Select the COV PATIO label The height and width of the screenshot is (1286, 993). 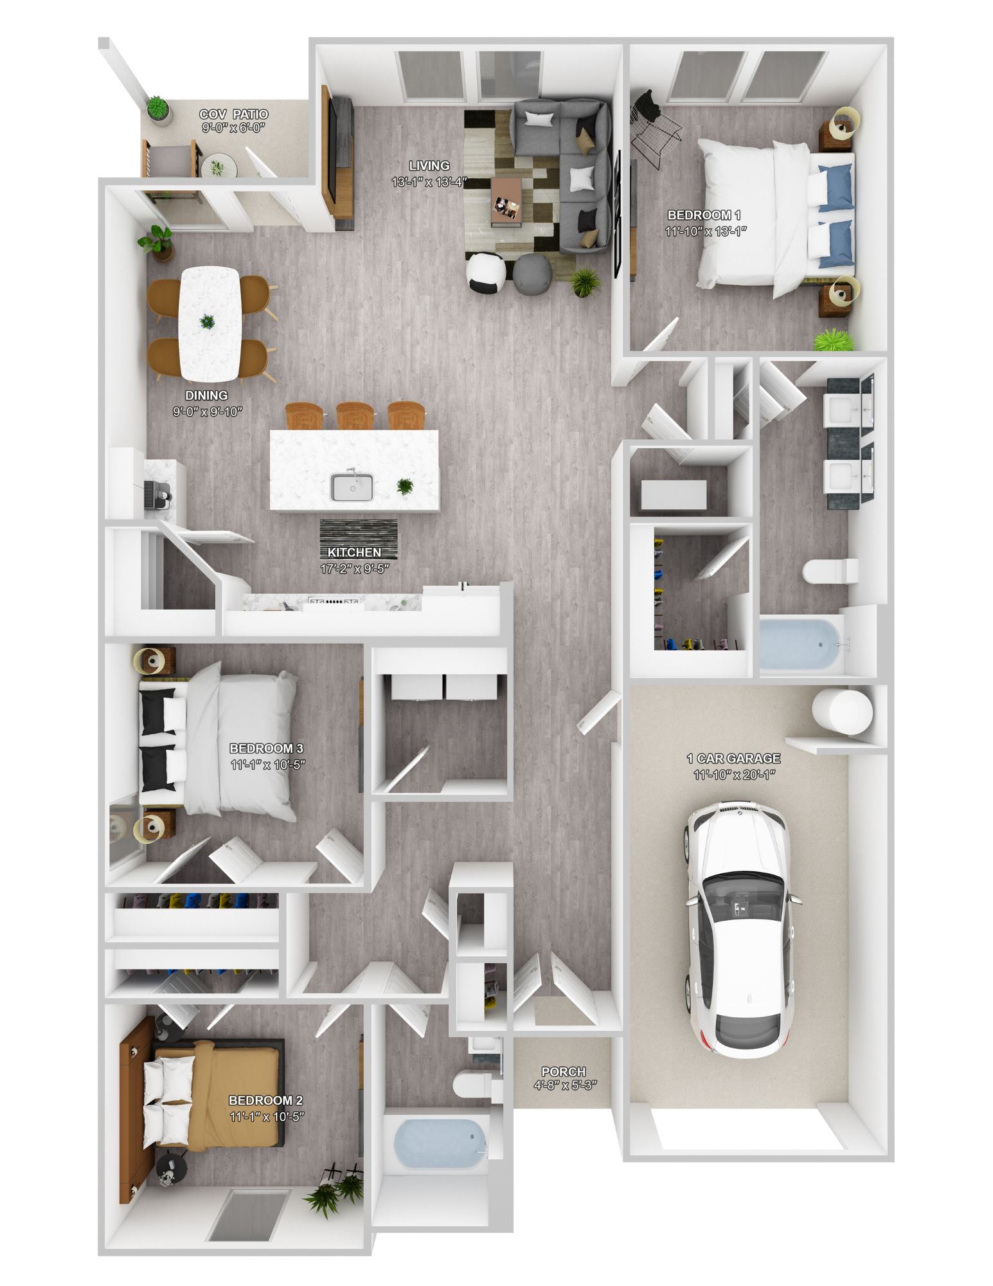pos(234,114)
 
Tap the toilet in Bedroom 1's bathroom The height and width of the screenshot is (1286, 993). pos(830,570)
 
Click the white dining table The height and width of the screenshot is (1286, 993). pos(210,323)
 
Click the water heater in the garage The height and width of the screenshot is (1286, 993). pos(841,711)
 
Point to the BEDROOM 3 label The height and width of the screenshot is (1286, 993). pos(266,748)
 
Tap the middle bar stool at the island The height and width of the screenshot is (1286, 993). pos(354,416)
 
